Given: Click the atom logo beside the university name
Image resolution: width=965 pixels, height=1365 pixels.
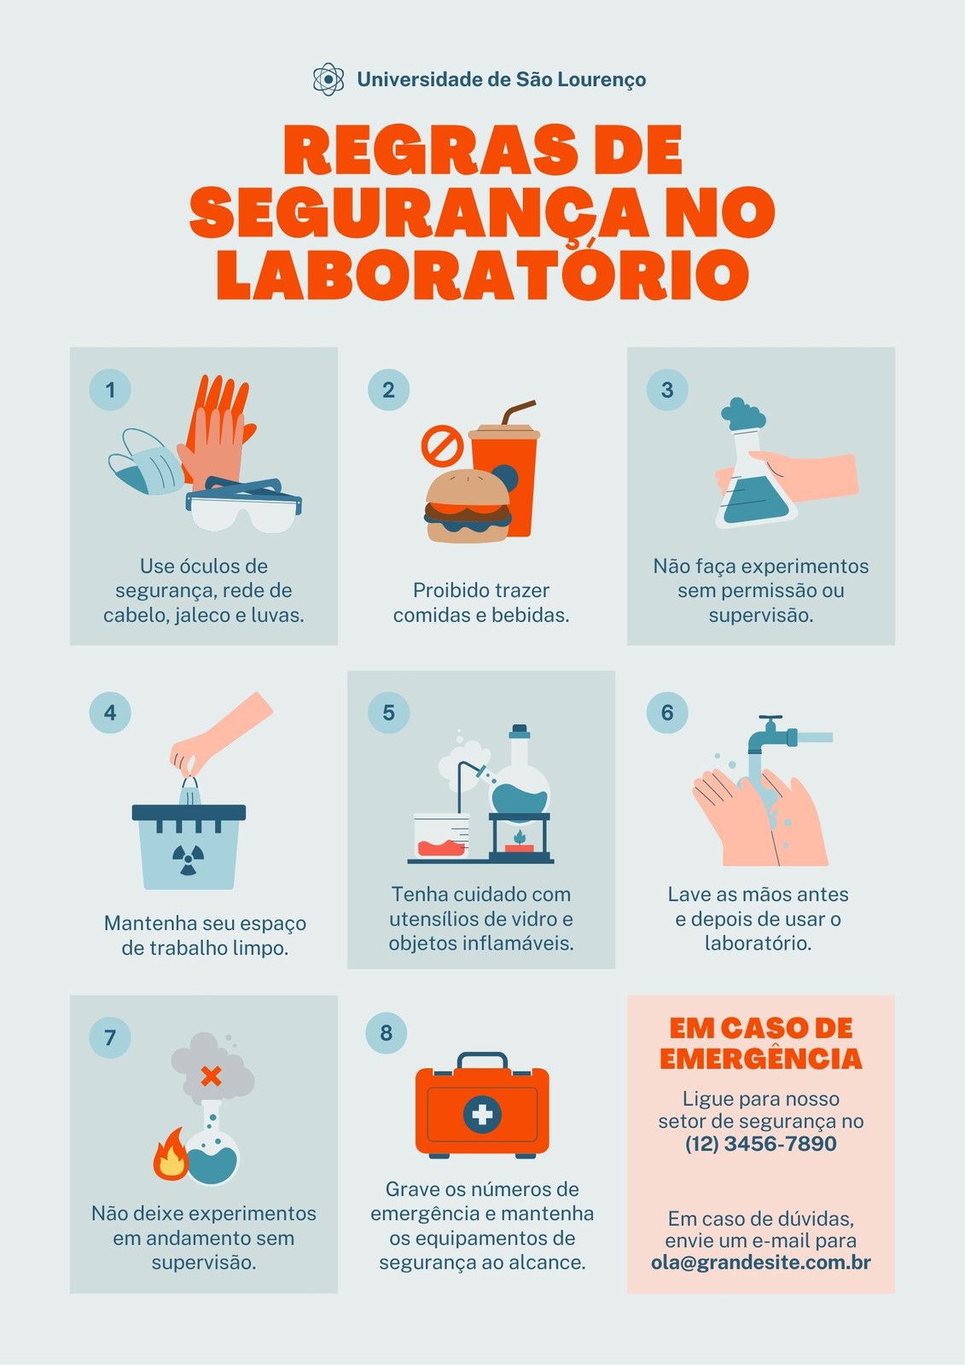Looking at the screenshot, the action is click(x=328, y=79).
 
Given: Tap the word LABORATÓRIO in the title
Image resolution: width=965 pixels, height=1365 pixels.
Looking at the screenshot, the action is click(x=482, y=273).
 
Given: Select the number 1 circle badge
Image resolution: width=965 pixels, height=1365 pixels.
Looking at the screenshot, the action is click(x=110, y=389).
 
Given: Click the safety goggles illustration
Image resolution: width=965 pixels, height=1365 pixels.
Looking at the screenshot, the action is click(x=244, y=505).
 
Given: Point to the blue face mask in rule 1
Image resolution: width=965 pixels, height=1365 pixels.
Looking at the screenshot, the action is click(x=145, y=462).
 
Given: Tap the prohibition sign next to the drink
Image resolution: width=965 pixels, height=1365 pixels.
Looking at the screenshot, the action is click(x=442, y=444).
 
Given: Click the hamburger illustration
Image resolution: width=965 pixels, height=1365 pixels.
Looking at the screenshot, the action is click(x=468, y=506).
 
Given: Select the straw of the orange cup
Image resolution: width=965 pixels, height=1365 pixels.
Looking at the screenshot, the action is click(x=518, y=412).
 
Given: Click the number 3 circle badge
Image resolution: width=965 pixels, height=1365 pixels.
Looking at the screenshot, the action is click(x=667, y=389).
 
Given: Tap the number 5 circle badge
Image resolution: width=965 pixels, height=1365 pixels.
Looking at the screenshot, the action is click(x=388, y=712).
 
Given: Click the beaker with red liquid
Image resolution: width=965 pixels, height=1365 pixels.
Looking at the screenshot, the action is click(x=441, y=836).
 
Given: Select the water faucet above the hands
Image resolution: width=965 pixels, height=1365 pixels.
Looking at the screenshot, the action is click(x=788, y=735).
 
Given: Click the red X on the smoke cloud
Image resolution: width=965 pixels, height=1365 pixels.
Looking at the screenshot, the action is click(x=211, y=1076).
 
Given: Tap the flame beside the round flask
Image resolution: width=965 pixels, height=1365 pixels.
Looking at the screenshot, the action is click(x=171, y=1155).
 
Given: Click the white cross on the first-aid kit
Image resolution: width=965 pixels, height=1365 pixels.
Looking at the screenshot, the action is click(x=482, y=1114).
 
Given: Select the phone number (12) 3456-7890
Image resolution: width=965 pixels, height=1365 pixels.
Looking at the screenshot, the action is click(x=761, y=1144).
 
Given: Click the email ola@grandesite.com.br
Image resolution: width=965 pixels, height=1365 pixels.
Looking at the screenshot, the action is click(x=761, y=1263).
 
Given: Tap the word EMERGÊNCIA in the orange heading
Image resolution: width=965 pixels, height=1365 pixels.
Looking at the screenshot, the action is click(x=761, y=1059).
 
